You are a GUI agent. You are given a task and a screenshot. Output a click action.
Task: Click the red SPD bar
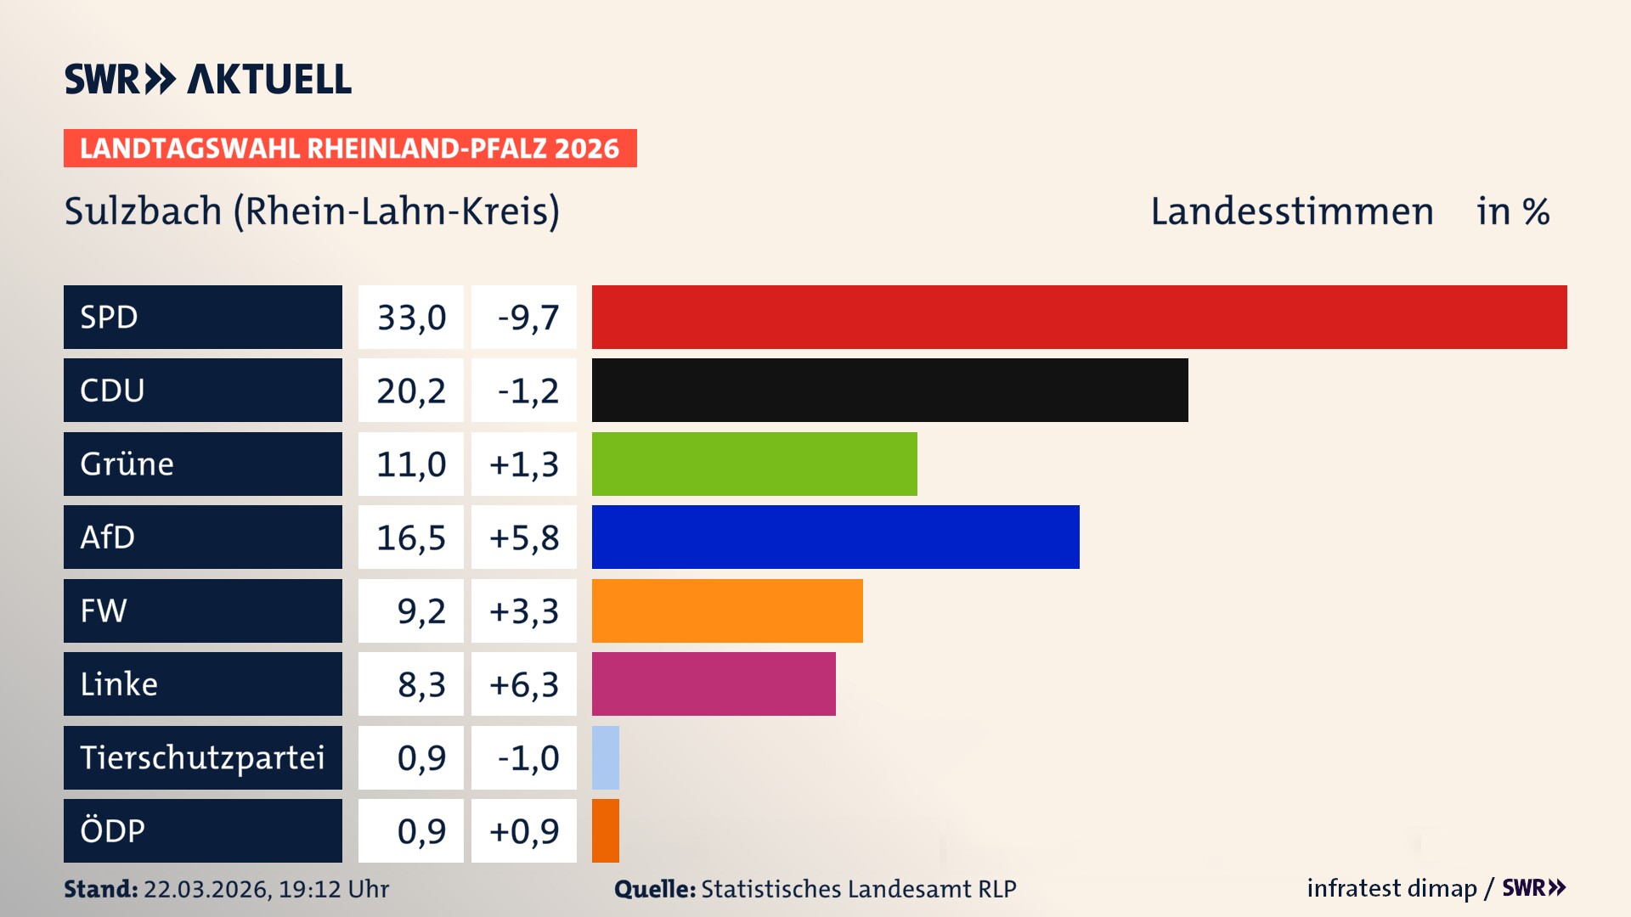click(1079, 317)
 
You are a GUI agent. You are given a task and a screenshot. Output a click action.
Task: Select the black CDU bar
click(889, 391)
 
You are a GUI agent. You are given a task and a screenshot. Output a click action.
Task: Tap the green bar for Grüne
click(754, 464)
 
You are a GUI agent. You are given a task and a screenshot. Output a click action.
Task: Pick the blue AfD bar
click(835, 537)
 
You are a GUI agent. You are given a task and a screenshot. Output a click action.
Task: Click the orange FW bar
click(727, 610)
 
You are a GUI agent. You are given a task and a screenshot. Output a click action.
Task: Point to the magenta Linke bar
click(714, 684)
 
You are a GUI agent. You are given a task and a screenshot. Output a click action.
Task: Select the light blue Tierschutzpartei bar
click(606, 757)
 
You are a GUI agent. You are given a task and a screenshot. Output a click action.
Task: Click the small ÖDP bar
click(606, 831)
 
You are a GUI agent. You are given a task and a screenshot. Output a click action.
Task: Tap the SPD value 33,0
click(411, 318)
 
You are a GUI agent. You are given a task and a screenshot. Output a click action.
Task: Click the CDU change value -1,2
click(528, 391)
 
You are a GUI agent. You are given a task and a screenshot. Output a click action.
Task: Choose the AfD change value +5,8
click(524, 538)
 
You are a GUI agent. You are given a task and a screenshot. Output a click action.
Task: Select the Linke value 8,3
click(421, 684)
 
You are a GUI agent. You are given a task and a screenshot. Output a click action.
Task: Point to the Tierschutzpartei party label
click(202, 757)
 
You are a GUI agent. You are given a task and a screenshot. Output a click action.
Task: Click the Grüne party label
click(127, 464)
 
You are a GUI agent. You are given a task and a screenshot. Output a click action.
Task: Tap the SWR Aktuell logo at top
click(208, 79)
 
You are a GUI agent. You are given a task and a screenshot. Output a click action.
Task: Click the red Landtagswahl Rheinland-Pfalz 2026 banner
click(349, 149)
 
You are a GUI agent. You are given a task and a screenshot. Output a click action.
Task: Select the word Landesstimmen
click(1291, 211)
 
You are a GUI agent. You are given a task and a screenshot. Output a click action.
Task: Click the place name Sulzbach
click(143, 211)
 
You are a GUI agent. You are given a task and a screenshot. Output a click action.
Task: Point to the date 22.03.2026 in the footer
click(206, 889)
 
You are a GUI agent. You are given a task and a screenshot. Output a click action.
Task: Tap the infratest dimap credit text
click(1391, 888)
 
